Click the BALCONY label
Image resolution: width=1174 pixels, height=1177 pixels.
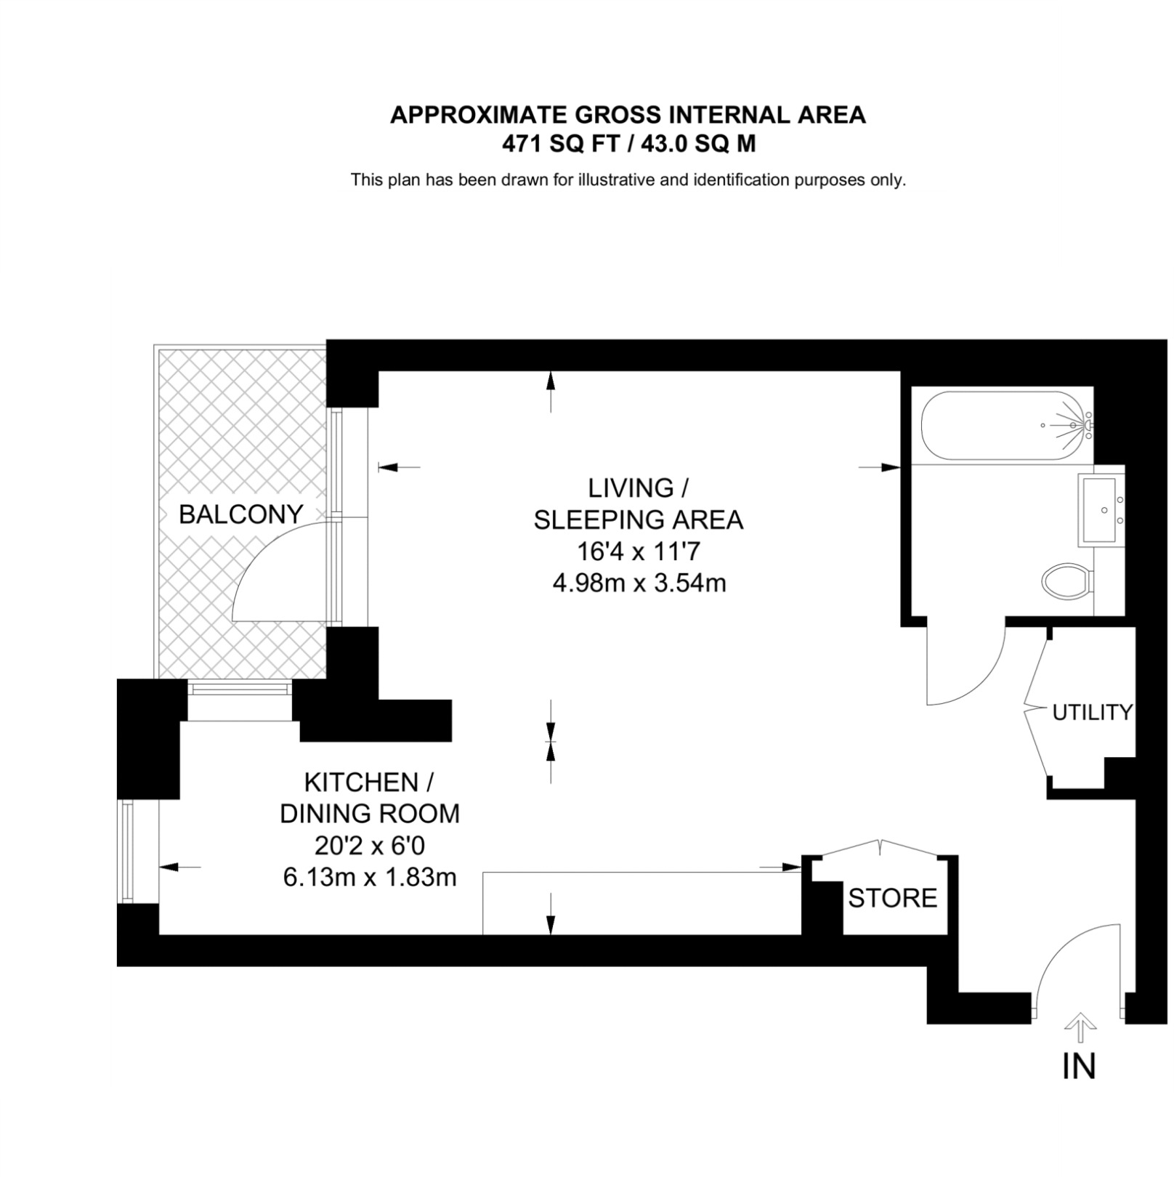click(240, 514)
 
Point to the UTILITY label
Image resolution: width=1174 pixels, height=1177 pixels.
click(1092, 713)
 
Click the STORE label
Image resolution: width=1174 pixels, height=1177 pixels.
click(892, 899)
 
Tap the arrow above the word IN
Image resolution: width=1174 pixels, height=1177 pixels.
click(1080, 1027)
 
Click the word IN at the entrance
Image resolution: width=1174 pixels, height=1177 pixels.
click(1079, 1067)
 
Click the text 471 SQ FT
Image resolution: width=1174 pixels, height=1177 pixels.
click(559, 145)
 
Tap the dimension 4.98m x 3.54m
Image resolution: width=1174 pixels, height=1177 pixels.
click(639, 583)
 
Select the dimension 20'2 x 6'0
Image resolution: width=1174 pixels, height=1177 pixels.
click(369, 846)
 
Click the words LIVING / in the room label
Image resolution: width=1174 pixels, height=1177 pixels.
click(638, 488)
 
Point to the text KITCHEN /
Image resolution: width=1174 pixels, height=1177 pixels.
click(369, 782)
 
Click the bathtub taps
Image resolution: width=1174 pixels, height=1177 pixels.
click(1085, 425)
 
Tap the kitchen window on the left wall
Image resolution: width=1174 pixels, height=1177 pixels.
click(128, 851)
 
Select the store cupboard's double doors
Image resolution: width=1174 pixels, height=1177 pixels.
click(880, 849)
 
